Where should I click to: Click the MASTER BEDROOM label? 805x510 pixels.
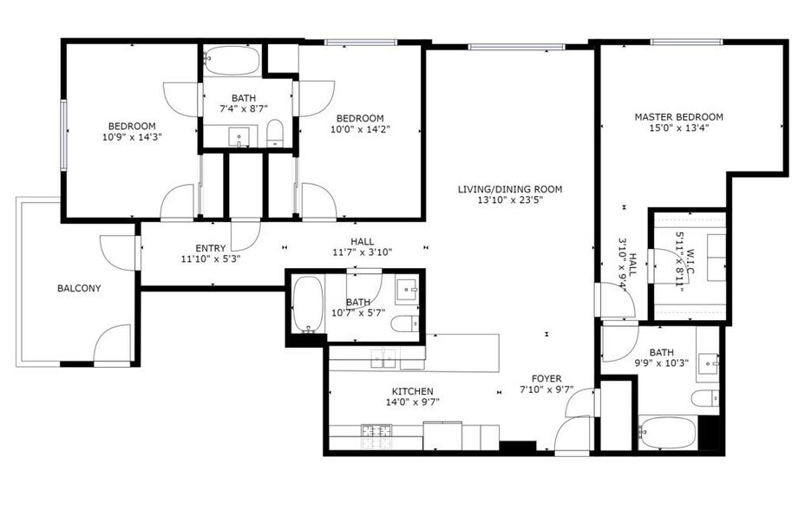[x=678, y=117]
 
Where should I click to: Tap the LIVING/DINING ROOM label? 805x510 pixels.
[x=510, y=189]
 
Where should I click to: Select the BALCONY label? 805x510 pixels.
[x=79, y=288]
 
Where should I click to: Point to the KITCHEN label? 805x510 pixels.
[x=413, y=391]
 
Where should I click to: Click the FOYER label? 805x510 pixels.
[x=546, y=379]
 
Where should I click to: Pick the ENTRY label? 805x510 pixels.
[x=211, y=248]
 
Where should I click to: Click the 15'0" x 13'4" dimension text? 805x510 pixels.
[x=678, y=128]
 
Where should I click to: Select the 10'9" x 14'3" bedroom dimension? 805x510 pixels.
[x=132, y=137]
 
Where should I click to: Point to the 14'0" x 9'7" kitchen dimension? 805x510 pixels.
[x=413, y=402]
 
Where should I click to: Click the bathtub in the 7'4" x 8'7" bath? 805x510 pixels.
[x=231, y=61]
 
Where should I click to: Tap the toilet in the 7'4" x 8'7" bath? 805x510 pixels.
[x=275, y=133]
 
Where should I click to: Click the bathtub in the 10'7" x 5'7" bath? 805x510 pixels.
[x=308, y=304]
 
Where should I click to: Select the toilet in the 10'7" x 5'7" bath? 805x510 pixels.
[x=405, y=324]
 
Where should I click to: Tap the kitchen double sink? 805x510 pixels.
[x=384, y=357]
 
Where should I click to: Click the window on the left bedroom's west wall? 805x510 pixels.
[x=63, y=135]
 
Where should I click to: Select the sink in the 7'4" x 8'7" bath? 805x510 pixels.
[x=239, y=137]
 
